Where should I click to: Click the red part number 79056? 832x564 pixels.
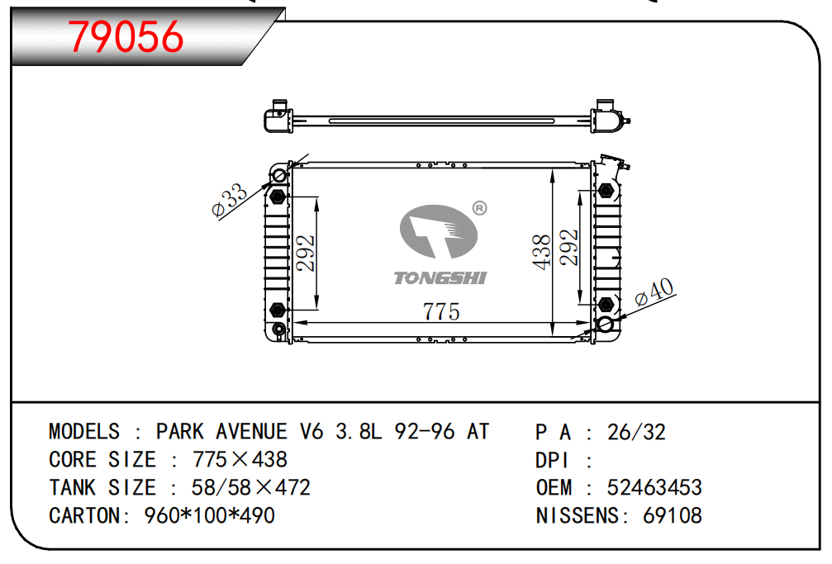tap(126, 36)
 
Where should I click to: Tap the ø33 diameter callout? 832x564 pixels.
tap(229, 201)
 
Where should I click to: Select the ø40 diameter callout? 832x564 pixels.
tap(654, 291)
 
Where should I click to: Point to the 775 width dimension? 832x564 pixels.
tap(441, 311)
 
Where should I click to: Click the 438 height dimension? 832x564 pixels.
tap(542, 252)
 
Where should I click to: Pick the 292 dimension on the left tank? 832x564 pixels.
tap(306, 253)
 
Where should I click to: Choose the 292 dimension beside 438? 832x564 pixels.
tap(568, 247)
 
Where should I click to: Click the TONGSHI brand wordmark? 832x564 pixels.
tap(440, 278)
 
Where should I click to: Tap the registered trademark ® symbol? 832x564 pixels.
tap(479, 208)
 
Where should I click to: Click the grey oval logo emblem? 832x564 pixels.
tap(439, 232)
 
